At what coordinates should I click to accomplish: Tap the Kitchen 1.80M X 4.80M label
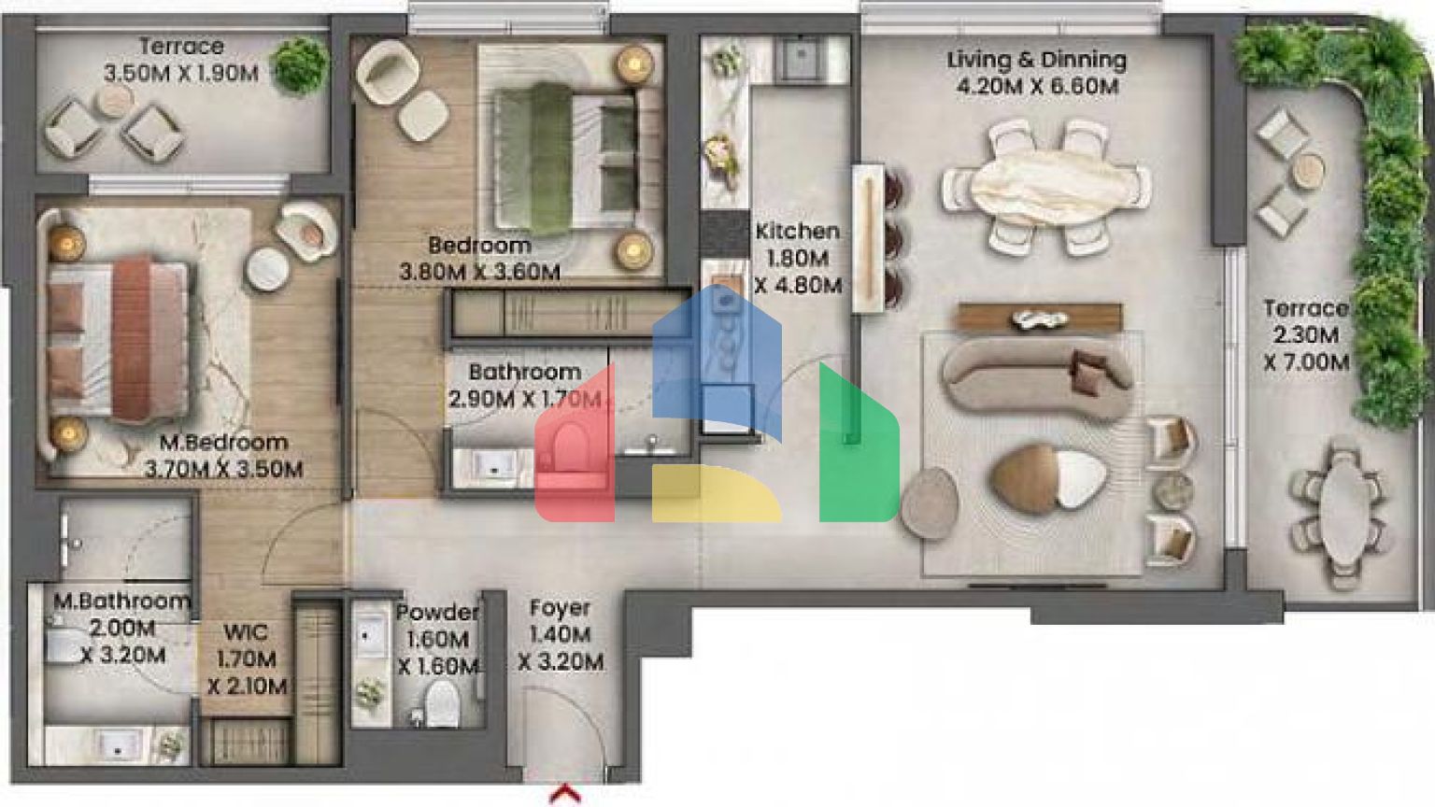[798, 258]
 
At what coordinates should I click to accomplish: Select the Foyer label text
[560, 608]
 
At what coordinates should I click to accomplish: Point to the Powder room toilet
[442, 703]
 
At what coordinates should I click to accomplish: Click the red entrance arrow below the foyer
[565, 794]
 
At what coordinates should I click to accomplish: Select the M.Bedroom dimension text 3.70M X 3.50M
[223, 470]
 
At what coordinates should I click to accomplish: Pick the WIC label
[246, 632]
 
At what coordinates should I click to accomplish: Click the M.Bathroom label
[121, 602]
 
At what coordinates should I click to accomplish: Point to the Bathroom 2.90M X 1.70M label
[525, 386]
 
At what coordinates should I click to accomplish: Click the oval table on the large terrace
[1341, 513]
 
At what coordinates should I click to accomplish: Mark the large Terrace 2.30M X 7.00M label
[1306, 335]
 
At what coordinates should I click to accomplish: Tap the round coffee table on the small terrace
[114, 101]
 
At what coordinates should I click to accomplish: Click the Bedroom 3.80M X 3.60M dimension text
[480, 273]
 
